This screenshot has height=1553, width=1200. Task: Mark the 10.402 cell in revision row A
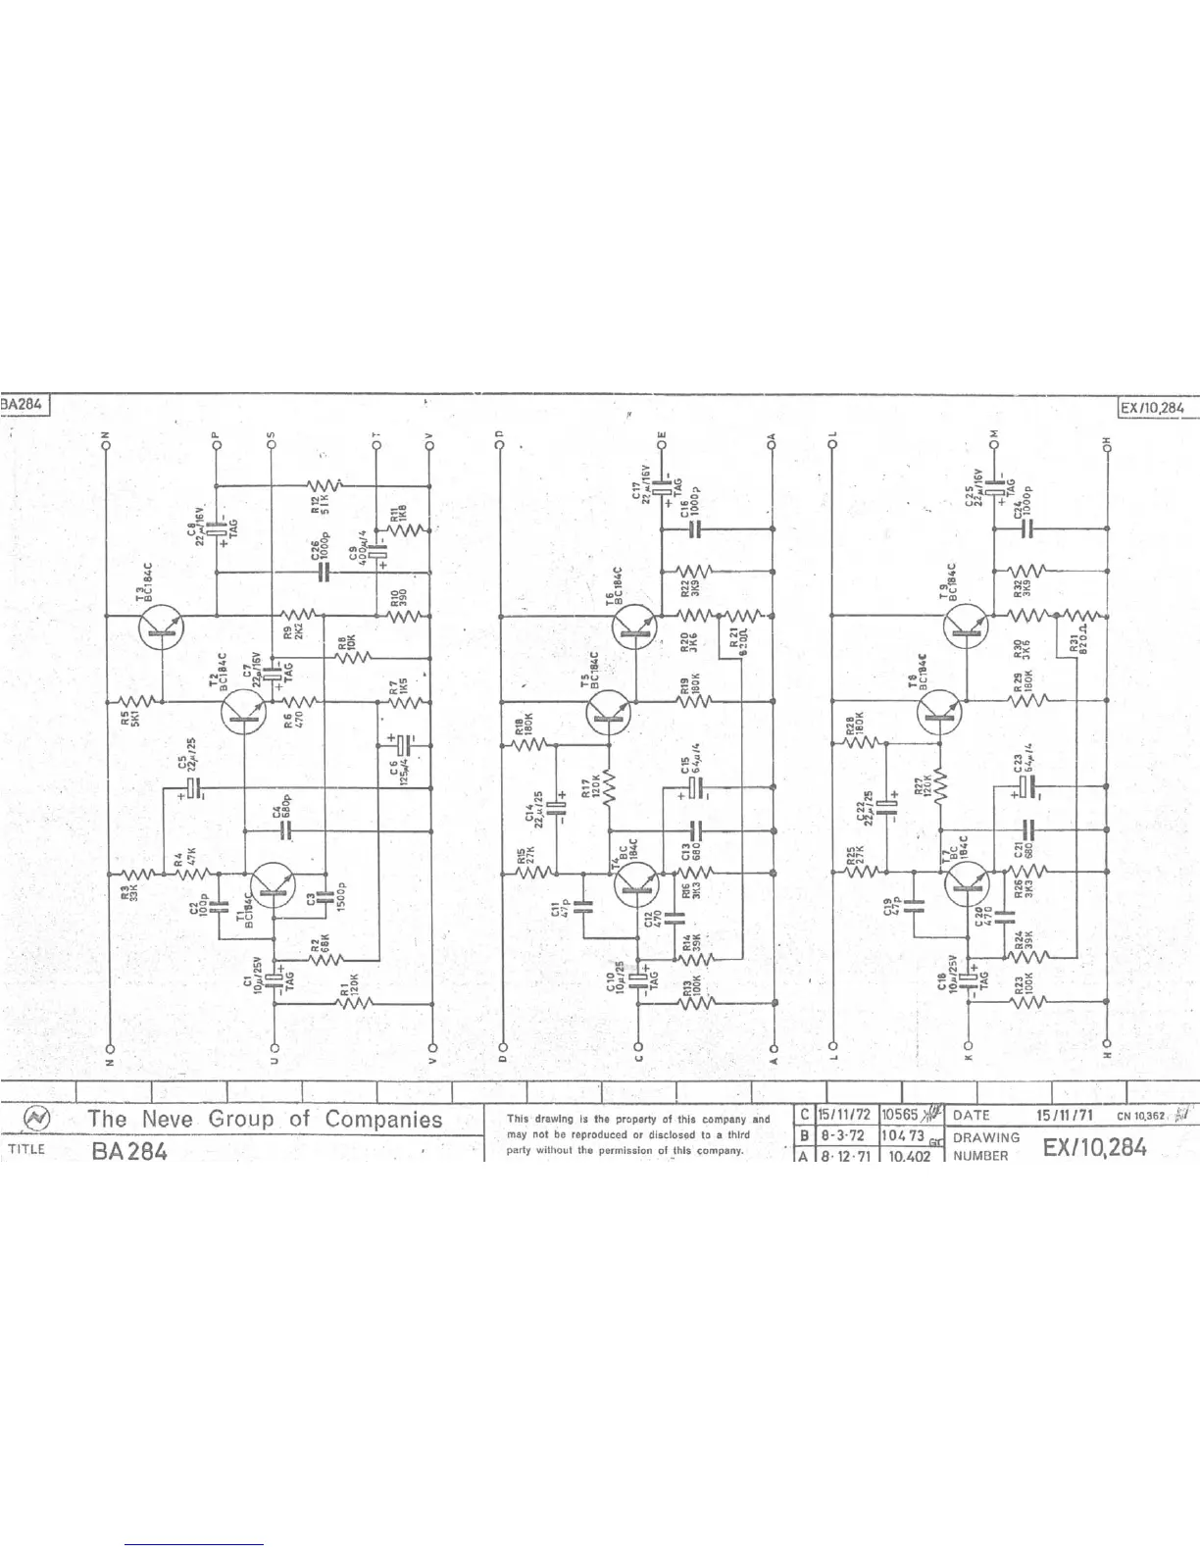pyautogui.click(x=911, y=1155)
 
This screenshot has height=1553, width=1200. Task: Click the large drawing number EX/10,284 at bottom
pyautogui.click(x=1094, y=1147)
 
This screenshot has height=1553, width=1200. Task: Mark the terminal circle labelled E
pyautogui.click(x=663, y=446)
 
